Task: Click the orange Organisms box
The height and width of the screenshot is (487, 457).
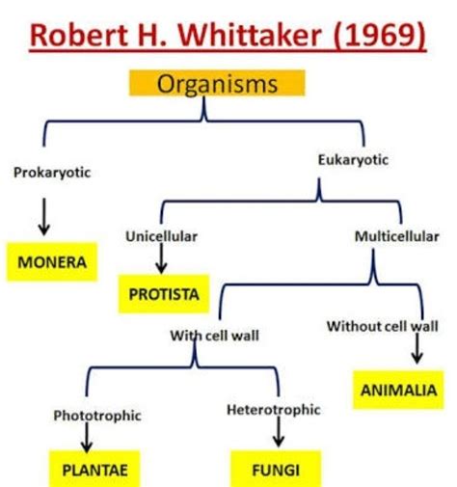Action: pyautogui.click(x=217, y=83)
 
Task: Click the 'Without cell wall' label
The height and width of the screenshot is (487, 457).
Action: pyautogui.click(x=382, y=326)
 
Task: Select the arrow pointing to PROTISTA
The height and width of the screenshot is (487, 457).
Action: pyautogui.click(x=161, y=258)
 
